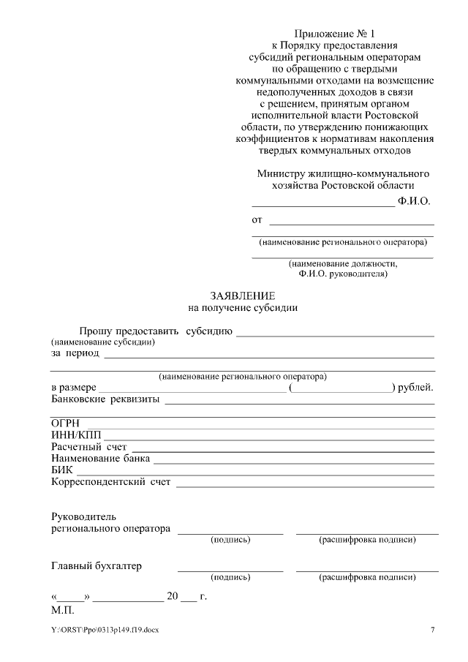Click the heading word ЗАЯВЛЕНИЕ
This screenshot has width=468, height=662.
click(x=243, y=296)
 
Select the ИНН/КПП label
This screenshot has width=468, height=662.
click(x=72, y=435)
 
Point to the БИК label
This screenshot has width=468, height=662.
click(x=62, y=470)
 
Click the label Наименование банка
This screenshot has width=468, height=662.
click(x=100, y=459)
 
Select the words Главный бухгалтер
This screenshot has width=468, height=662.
click(x=97, y=565)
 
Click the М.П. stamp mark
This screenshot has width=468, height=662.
click(x=63, y=609)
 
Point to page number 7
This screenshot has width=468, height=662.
click(x=432, y=630)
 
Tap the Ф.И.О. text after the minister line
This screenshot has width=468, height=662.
click(x=414, y=200)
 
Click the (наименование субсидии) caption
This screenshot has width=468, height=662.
click(x=102, y=342)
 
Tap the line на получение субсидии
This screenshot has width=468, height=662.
click(x=243, y=308)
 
